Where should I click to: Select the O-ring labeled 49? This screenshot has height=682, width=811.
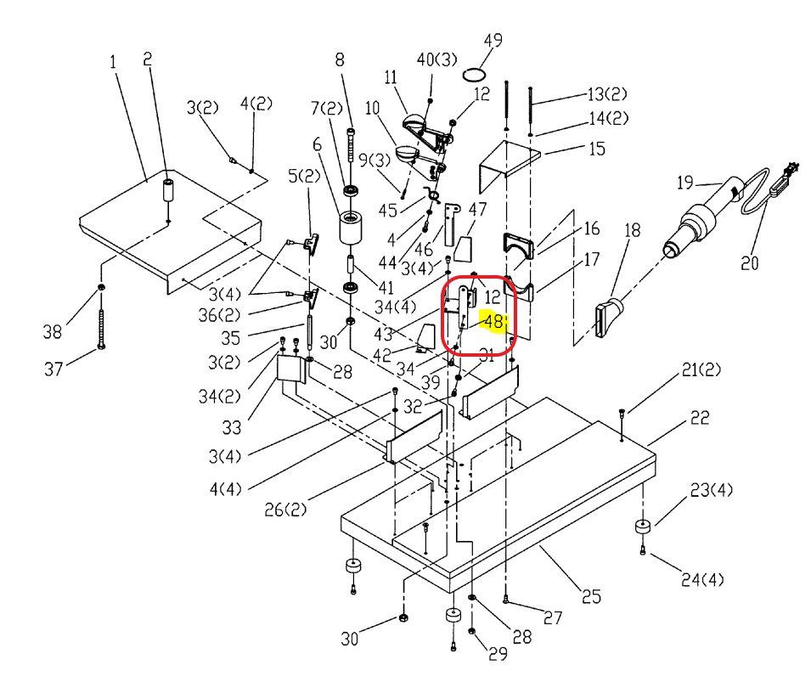point(474,75)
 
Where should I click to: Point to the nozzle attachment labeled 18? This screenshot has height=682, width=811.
point(609,316)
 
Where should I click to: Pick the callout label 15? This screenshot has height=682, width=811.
point(597,149)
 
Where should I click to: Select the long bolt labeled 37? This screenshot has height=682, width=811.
point(101,329)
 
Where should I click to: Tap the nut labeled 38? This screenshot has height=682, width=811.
point(101,287)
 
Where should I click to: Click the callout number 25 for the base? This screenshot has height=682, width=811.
point(591,596)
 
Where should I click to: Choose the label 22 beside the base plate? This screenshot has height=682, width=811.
point(700,418)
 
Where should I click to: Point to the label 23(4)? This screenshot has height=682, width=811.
point(711,489)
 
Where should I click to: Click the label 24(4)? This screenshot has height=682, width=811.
point(702,579)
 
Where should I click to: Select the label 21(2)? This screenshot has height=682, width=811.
point(701,370)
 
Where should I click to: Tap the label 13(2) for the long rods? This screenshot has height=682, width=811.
point(607,94)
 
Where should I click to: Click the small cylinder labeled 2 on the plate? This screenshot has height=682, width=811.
point(168,190)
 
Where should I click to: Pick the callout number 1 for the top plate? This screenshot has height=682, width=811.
point(113,62)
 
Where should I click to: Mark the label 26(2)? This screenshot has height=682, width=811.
point(285,510)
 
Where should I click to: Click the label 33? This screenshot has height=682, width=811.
point(232,427)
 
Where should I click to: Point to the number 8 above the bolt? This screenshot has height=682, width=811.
point(340,60)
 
